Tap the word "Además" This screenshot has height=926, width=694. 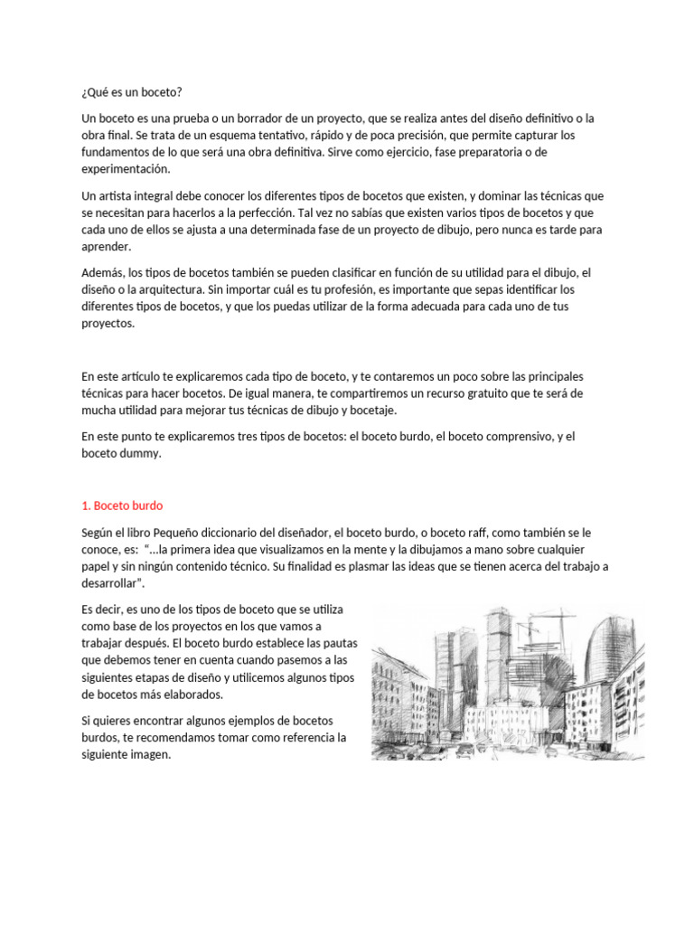tap(101, 273)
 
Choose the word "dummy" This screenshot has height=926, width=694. tap(142, 454)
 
